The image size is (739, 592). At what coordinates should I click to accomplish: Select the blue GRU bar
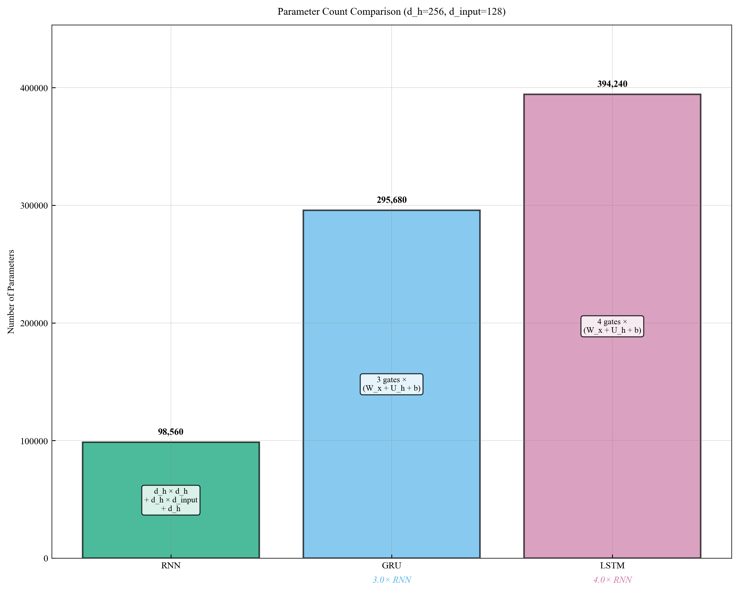[391, 309]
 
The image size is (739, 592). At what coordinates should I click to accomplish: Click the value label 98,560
[171, 432]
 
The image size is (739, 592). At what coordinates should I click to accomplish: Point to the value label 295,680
[391, 200]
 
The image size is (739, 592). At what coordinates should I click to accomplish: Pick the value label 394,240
[612, 84]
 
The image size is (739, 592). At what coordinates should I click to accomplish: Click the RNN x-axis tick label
[171, 566]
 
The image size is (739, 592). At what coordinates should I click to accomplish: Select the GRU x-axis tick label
[391, 566]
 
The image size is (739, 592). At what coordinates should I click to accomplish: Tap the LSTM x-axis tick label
[612, 566]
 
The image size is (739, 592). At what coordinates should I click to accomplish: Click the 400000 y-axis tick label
[34, 88]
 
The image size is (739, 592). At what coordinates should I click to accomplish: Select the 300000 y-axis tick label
[34, 206]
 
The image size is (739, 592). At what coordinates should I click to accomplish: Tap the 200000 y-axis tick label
[34, 323]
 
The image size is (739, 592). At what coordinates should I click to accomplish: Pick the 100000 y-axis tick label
[34, 441]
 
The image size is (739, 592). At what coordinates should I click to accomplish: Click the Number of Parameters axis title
[11, 291]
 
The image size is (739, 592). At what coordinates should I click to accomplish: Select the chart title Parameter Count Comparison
[391, 12]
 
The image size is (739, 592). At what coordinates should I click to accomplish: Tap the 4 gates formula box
[612, 326]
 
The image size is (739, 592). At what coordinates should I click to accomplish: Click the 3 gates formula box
[391, 384]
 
